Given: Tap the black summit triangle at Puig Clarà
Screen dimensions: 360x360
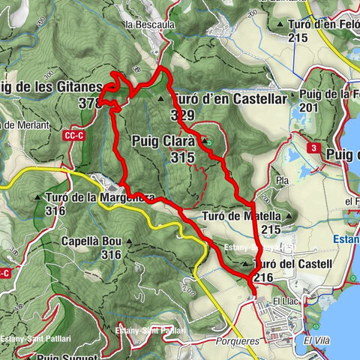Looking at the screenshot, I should (203, 139).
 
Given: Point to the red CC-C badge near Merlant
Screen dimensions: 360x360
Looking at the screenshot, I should (73, 136).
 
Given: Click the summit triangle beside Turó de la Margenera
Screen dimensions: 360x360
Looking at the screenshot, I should (38, 198).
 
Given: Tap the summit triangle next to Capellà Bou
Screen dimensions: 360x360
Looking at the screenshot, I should (129, 241).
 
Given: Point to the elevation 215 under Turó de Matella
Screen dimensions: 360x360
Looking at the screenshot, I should (271, 229).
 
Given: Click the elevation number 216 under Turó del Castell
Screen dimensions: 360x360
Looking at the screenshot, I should (263, 277).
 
